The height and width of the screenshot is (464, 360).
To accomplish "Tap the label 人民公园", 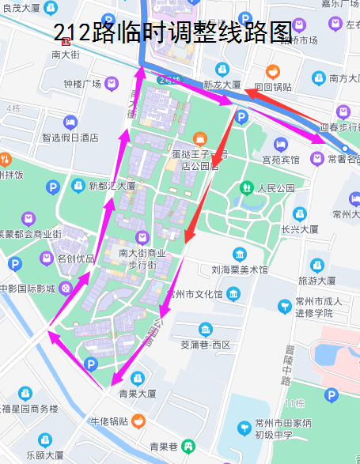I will pyautogui.click(x=275, y=189).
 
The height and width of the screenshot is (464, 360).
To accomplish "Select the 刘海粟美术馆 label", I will pyautogui.click(x=240, y=270).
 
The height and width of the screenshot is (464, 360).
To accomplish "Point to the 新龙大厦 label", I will pyautogui.click(x=222, y=85).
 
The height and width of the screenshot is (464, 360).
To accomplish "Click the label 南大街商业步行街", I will pyautogui.click(x=142, y=259).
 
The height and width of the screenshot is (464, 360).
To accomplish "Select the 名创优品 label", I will pyautogui.click(x=75, y=258).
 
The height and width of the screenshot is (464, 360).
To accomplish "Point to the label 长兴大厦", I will pyautogui.click(x=299, y=230).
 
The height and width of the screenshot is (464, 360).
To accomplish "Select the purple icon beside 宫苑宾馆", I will pyautogui.click(x=281, y=145).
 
